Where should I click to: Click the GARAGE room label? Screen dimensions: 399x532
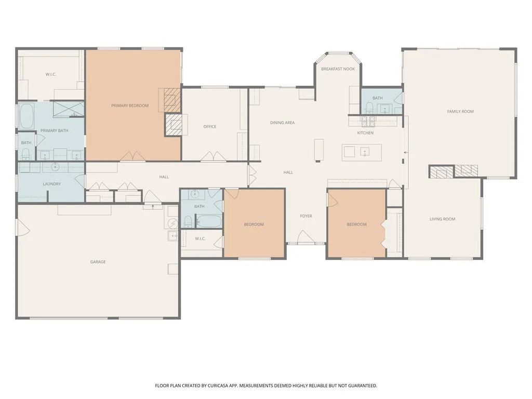coord(98,262)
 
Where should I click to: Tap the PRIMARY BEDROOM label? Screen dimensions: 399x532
coord(130,105)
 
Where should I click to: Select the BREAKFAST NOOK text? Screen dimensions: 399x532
coord(338,69)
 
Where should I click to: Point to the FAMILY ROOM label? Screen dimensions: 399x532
coord(460,111)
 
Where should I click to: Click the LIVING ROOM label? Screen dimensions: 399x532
coord(442,219)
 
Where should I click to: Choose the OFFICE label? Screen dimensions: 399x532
coord(210,127)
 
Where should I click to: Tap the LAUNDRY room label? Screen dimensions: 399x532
coord(51,184)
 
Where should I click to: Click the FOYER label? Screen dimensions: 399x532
coord(306,216)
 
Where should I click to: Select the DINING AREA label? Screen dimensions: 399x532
coord(282,123)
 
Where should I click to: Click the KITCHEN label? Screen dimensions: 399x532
coord(365,133)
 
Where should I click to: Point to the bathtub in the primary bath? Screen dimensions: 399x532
coord(26,116)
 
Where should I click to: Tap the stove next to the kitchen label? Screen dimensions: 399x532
coord(368,122)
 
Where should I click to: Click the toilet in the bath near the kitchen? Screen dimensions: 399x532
coord(369,108)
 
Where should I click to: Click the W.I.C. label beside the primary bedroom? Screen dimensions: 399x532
coord(50,74)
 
